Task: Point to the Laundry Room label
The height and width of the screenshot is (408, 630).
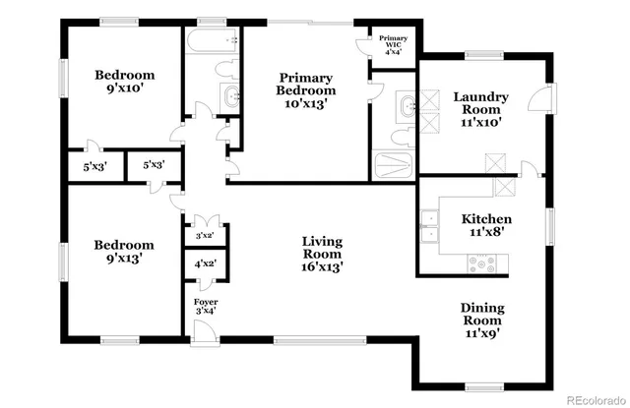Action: (480, 104)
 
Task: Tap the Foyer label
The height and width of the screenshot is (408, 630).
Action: (205, 306)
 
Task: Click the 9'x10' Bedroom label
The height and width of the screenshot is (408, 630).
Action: (124, 82)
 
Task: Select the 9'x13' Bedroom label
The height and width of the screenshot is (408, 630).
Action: (124, 252)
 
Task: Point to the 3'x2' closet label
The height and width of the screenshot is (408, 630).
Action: (205, 236)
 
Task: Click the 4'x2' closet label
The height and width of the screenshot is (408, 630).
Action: (205, 263)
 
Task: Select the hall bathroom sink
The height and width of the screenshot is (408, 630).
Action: (231, 96)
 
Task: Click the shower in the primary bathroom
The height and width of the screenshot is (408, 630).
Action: (394, 165)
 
